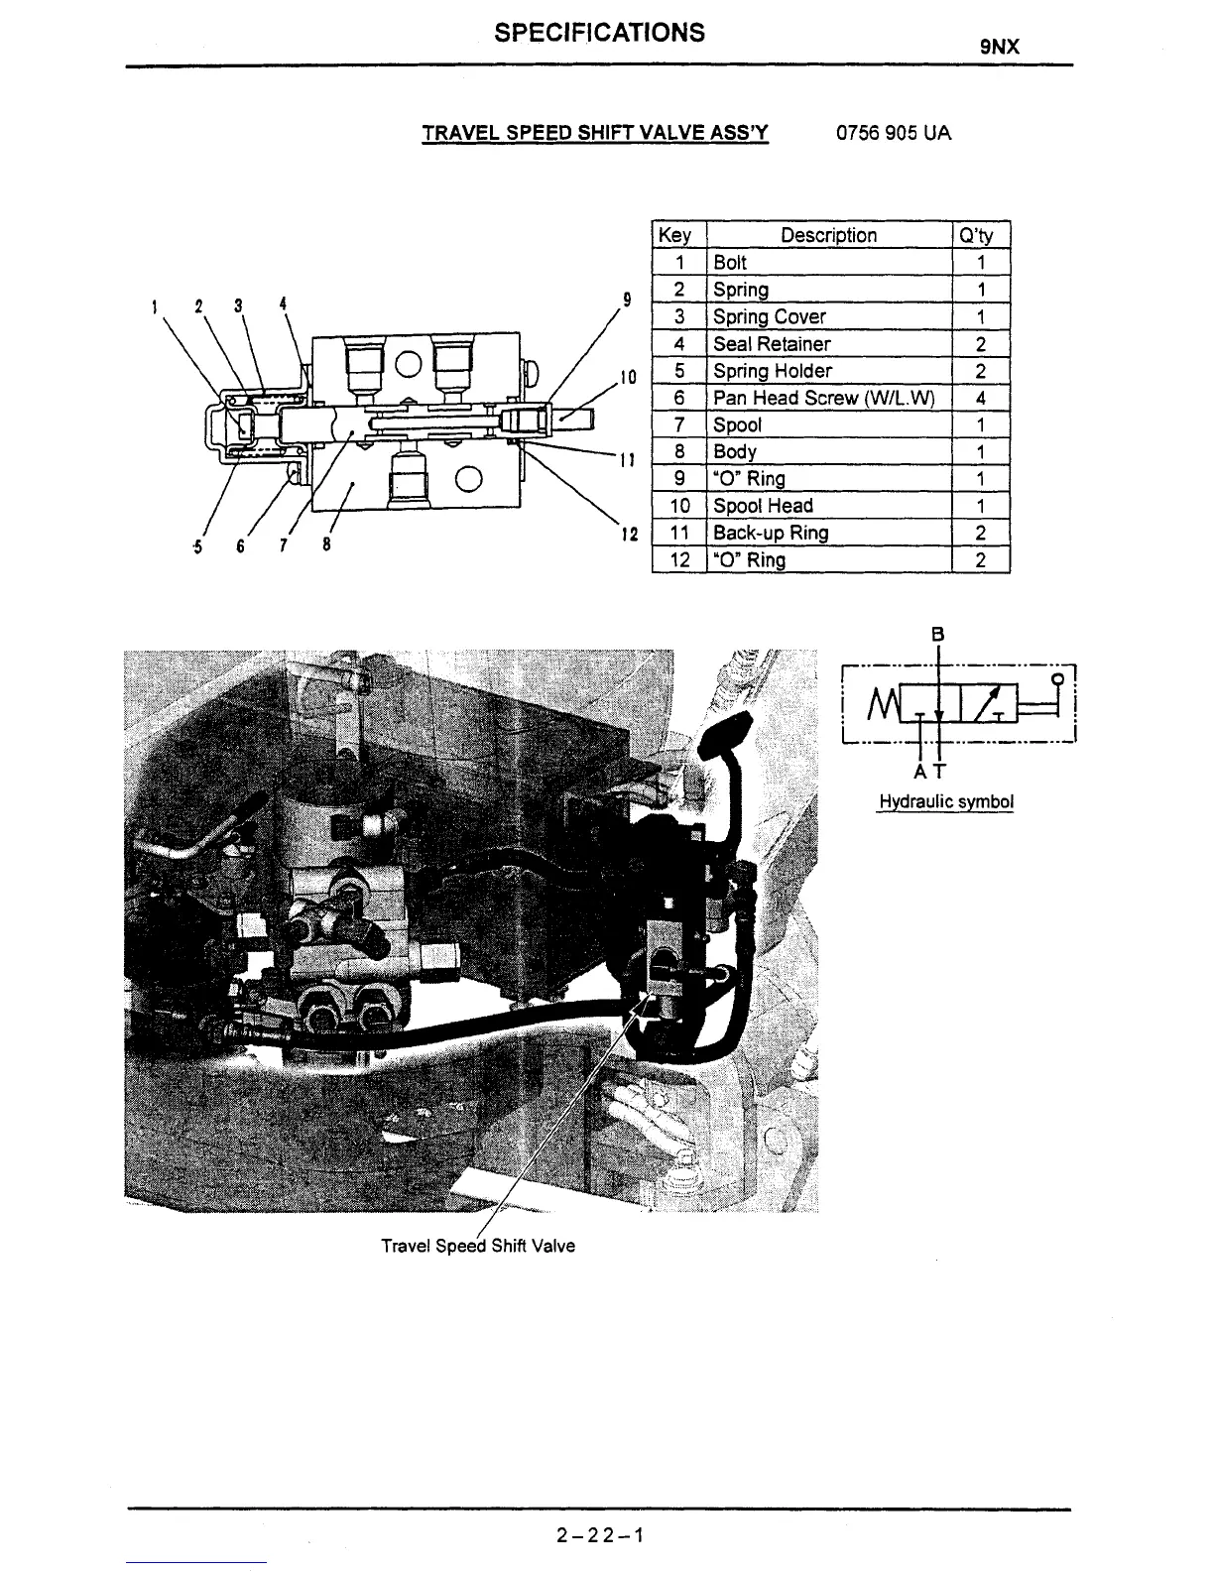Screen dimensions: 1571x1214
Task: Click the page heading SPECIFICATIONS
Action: (599, 33)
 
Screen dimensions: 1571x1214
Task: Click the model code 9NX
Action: (1000, 47)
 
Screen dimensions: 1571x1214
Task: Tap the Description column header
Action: (828, 235)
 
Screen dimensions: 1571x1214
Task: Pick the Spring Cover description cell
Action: (770, 316)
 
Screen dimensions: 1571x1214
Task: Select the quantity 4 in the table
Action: (980, 398)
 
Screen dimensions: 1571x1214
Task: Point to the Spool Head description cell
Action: (763, 506)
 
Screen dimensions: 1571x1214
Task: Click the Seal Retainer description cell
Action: (772, 344)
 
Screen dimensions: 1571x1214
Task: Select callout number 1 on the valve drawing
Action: (155, 305)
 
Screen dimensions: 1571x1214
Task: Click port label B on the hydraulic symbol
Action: (938, 634)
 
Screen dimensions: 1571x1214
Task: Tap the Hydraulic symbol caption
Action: (945, 801)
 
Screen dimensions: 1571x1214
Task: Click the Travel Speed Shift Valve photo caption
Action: (477, 1246)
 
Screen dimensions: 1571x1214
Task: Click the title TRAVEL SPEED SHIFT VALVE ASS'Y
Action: (595, 133)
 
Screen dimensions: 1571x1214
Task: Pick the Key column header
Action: (674, 235)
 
